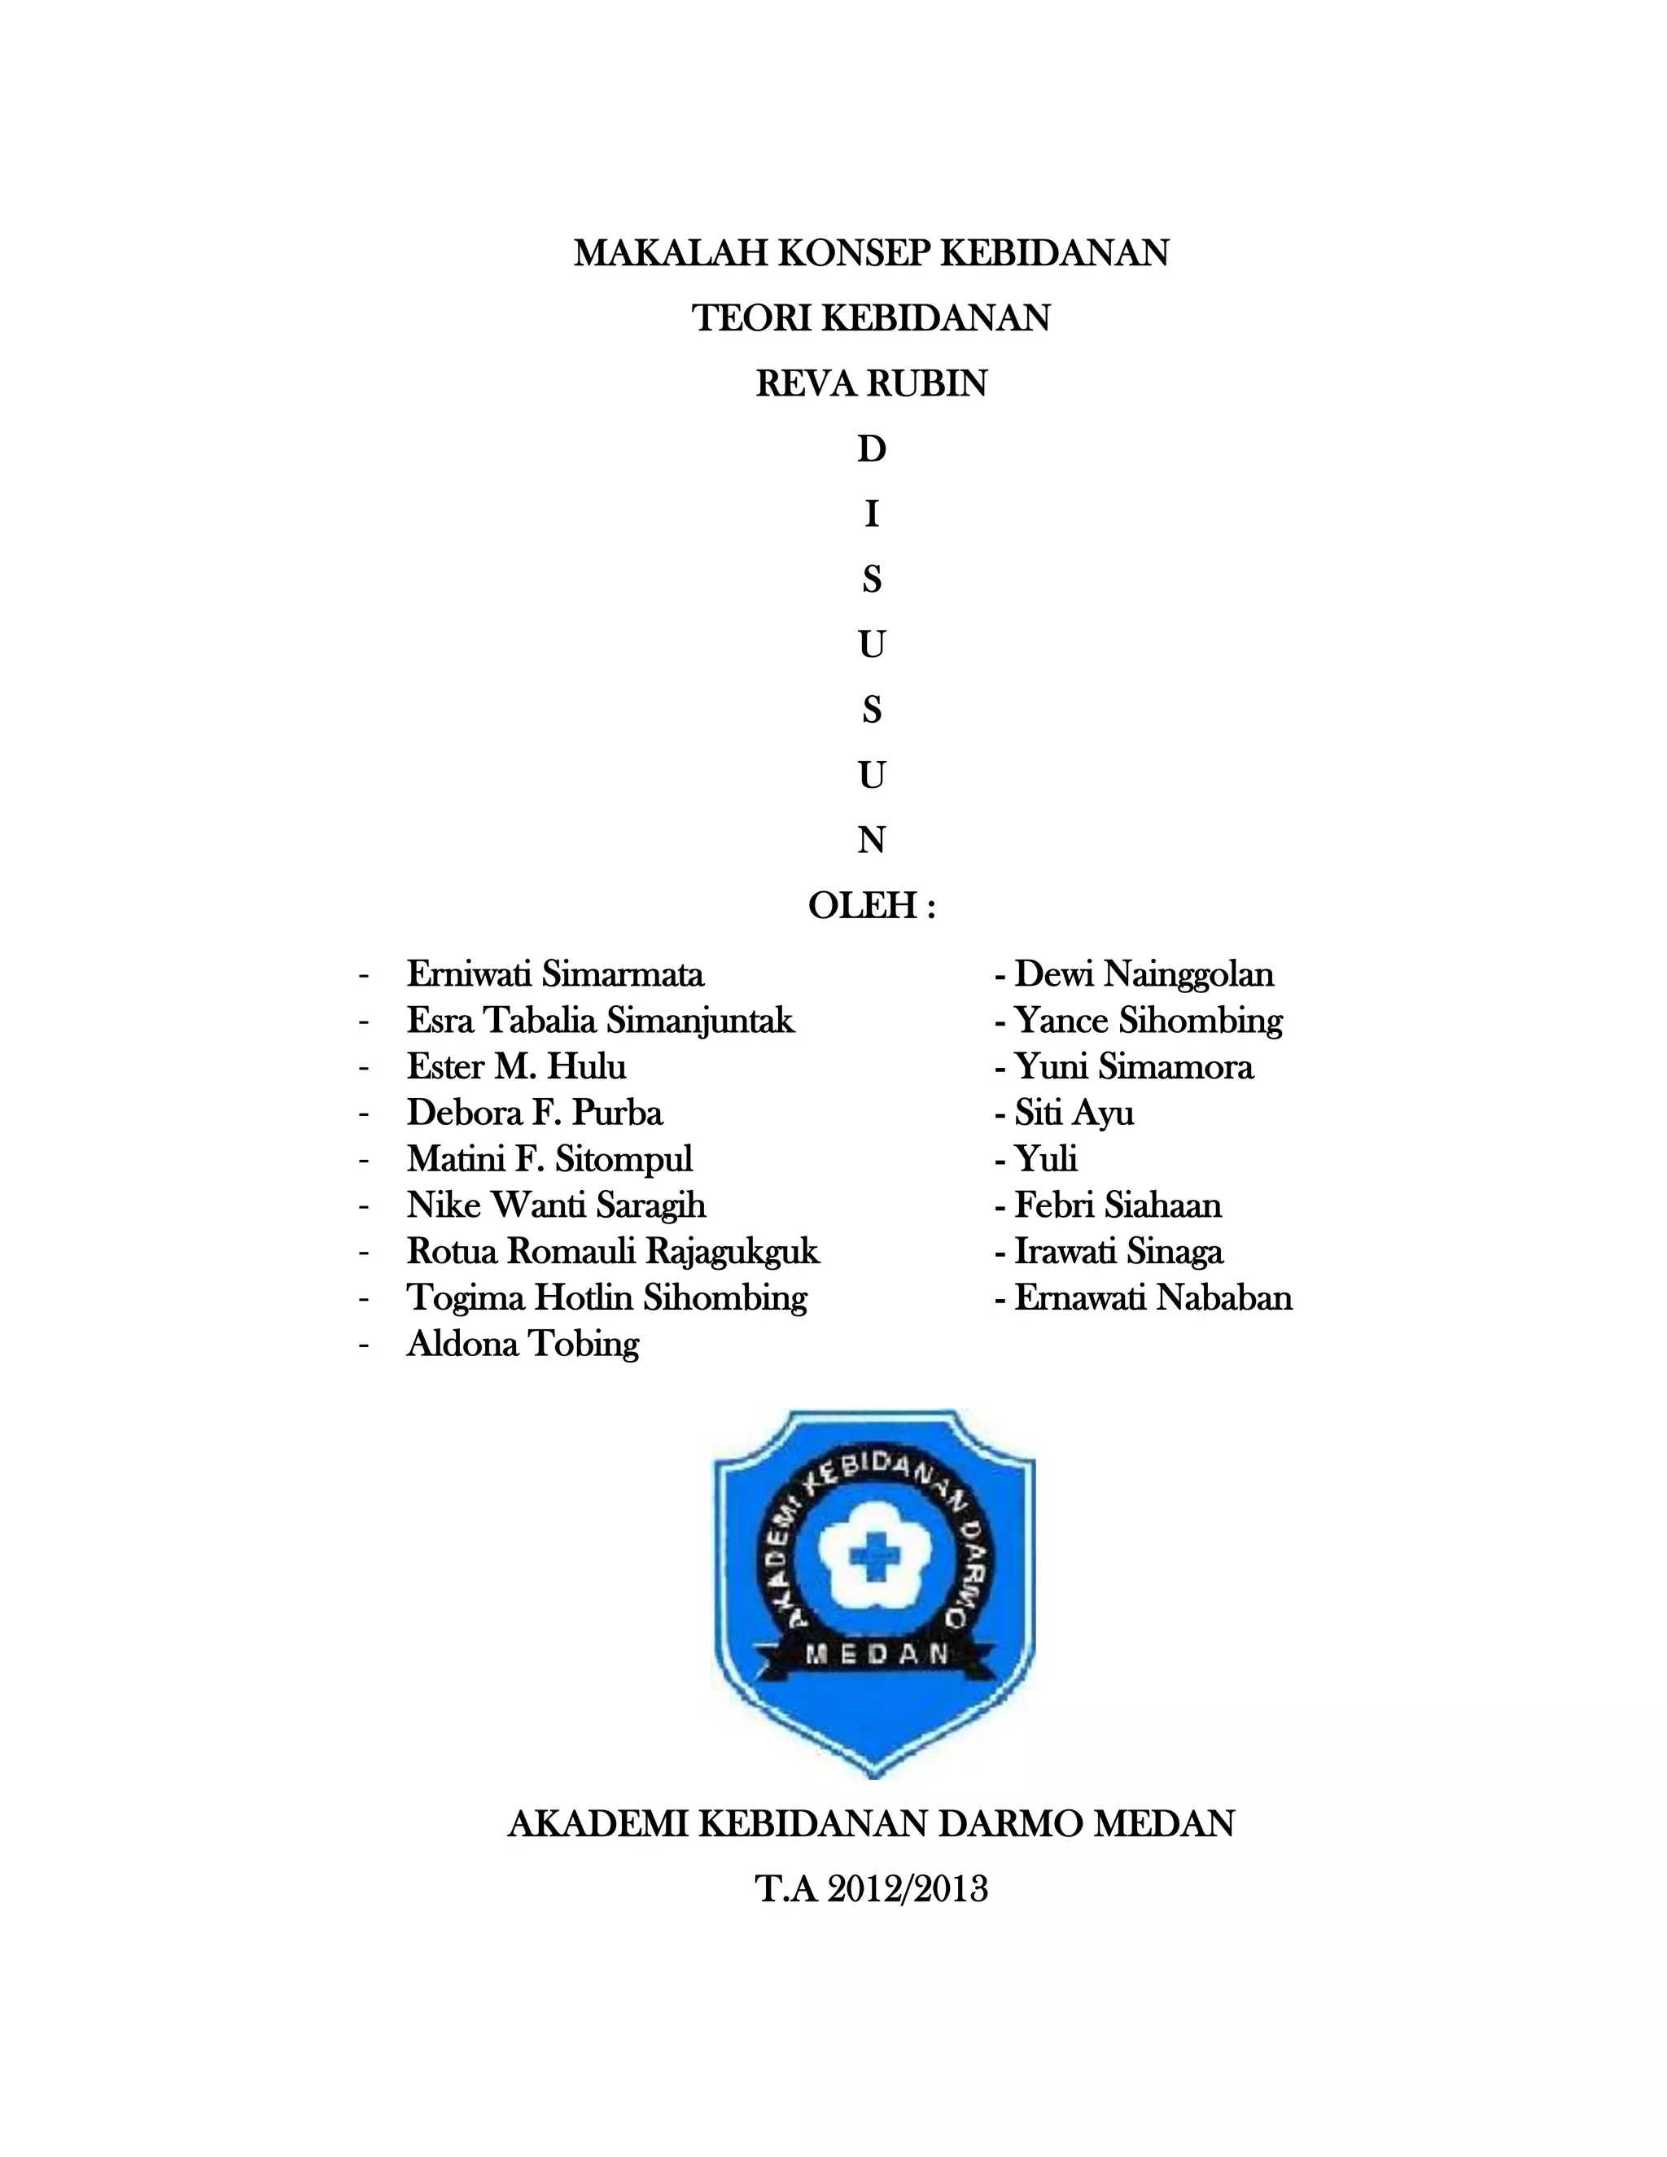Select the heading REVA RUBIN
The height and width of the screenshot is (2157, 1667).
click(x=871, y=384)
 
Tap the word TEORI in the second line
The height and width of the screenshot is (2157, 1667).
click(x=751, y=319)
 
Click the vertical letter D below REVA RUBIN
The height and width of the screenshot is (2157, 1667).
click(x=871, y=449)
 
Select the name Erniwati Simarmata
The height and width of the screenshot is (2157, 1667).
click(x=555, y=975)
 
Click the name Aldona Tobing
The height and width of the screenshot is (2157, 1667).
click(x=523, y=1344)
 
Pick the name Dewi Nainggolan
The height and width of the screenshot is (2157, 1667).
click(x=1144, y=975)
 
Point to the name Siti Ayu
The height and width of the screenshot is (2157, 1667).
click(x=1074, y=1113)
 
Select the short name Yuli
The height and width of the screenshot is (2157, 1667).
click(x=1046, y=1159)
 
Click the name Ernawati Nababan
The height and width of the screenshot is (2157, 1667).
click(x=1153, y=1297)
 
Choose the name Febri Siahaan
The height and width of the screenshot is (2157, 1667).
click(x=1118, y=1206)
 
